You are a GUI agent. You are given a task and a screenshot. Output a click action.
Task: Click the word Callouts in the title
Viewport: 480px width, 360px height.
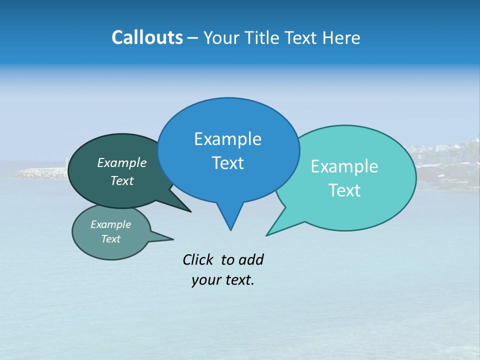pos(147,37)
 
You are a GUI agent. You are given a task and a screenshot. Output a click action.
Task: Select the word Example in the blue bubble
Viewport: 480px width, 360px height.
pos(227,139)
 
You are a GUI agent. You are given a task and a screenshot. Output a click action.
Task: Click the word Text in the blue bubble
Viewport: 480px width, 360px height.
pos(227,163)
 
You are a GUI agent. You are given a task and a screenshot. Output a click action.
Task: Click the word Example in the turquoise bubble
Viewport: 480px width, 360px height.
pos(344,166)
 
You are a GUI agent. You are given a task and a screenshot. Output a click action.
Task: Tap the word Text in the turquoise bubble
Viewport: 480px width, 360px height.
pos(344,190)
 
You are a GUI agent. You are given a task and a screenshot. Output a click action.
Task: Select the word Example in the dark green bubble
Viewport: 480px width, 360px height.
pos(121,162)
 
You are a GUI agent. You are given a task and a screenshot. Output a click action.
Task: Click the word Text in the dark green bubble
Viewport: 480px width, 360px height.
pos(121,180)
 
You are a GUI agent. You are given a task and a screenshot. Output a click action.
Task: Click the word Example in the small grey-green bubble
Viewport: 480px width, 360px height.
pos(110,224)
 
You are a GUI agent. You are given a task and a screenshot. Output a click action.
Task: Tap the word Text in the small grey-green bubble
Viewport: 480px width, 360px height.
pos(110,239)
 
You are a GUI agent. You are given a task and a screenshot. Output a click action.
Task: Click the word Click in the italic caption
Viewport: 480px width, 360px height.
pos(198,259)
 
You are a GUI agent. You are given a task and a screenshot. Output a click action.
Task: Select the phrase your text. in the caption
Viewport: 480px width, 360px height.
pos(222,280)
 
